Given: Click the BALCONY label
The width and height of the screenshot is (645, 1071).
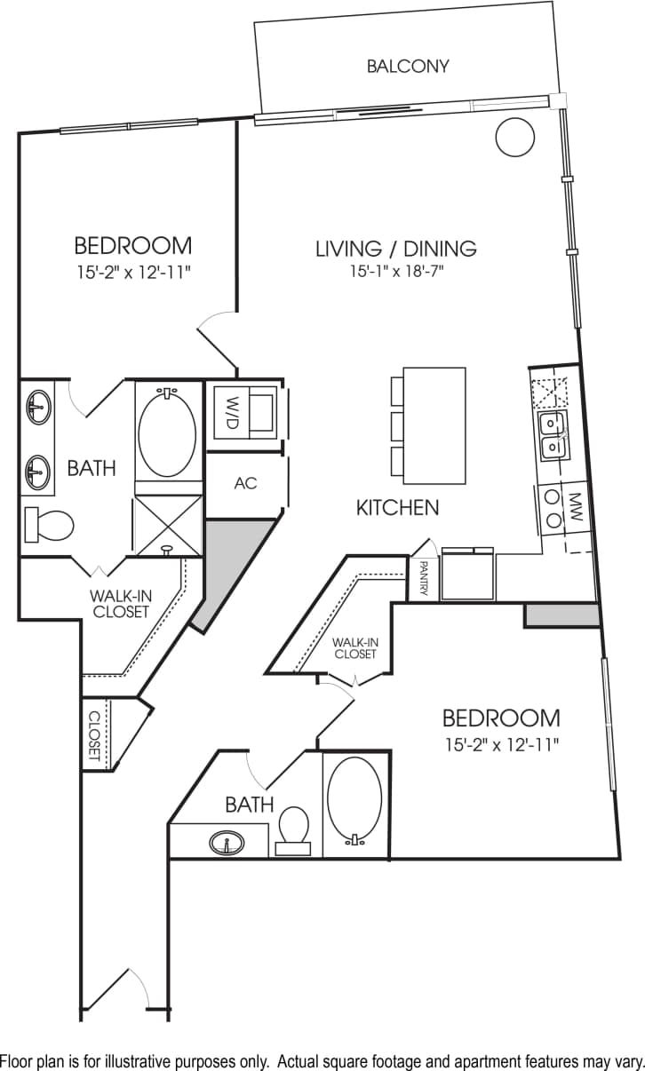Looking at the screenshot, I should point(408,66).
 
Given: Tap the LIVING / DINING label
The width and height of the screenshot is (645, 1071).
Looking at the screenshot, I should point(396,249).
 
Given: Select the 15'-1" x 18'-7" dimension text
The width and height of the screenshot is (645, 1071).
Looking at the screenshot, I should point(396,272).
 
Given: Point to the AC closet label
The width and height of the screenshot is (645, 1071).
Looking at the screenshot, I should point(245,483).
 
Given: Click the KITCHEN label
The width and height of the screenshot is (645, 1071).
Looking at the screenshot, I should point(397,508).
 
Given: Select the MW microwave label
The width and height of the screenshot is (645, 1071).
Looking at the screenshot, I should point(575,508).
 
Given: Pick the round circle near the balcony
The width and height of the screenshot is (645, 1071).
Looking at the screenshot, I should point(514,138).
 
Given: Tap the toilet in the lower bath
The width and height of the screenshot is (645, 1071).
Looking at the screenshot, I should point(293,826).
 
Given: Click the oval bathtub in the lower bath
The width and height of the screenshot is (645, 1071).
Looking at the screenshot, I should point(354,797).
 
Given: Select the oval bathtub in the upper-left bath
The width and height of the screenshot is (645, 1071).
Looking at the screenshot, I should point(167,434).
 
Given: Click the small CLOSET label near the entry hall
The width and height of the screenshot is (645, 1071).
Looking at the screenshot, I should point(93,734).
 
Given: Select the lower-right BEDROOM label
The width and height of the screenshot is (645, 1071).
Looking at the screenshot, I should point(501,718).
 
